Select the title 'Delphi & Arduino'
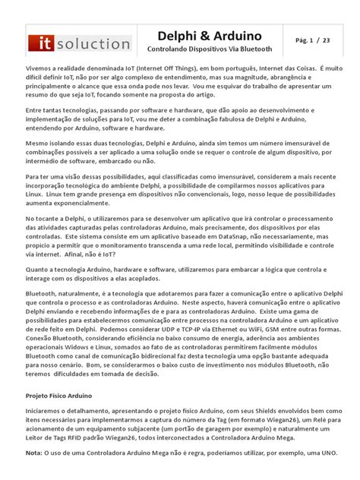coord(209,36)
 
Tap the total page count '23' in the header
coord(325,39)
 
